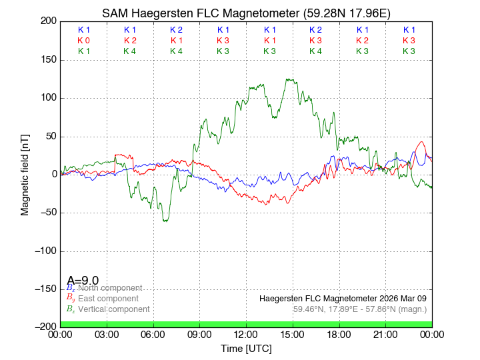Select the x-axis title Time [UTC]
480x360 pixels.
(x=246, y=349)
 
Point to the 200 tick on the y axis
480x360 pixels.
(x=48, y=21)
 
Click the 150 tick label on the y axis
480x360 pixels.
(x=48, y=60)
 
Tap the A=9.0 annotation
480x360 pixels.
(x=83, y=281)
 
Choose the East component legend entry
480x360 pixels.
(x=108, y=299)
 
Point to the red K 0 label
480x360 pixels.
(x=83, y=41)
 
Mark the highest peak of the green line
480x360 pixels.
(x=287, y=79)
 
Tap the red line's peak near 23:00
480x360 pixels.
(x=421, y=142)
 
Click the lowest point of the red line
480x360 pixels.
(x=267, y=204)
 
